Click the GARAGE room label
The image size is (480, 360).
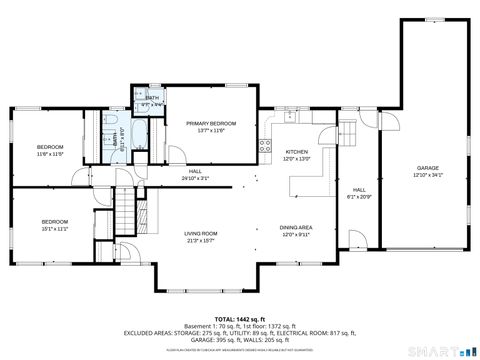click(x=428, y=168)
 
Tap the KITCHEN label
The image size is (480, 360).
click(x=297, y=153)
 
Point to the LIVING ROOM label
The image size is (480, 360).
click(x=201, y=233)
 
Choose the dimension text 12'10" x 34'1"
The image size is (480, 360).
click(x=428, y=175)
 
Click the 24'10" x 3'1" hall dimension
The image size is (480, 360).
click(x=196, y=179)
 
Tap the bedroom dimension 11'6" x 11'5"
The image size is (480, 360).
click(x=51, y=154)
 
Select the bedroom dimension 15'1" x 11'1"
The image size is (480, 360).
click(x=54, y=229)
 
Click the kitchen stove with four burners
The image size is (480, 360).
click(x=266, y=144)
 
